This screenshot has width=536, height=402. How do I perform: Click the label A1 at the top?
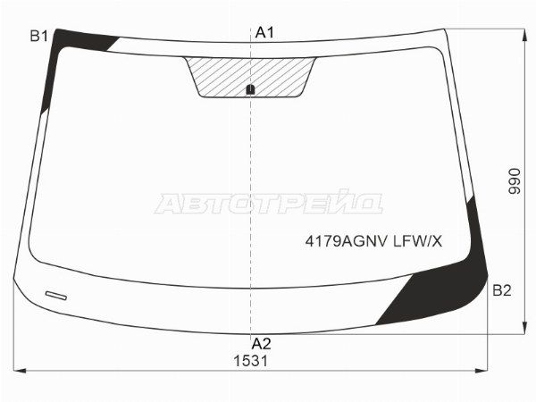[x=265, y=33]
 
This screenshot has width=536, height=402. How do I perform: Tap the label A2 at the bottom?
[x=261, y=344]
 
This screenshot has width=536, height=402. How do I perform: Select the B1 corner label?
[x=39, y=36]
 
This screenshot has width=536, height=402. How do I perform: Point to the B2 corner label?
[x=502, y=290]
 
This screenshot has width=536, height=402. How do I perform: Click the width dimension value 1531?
[x=251, y=361]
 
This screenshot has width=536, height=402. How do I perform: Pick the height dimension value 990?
[x=515, y=181]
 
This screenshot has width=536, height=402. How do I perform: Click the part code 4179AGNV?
[x=347, y=242]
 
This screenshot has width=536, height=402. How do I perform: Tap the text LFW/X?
[x=418, y=242]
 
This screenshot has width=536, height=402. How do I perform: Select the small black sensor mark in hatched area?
[x=250, y=89]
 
